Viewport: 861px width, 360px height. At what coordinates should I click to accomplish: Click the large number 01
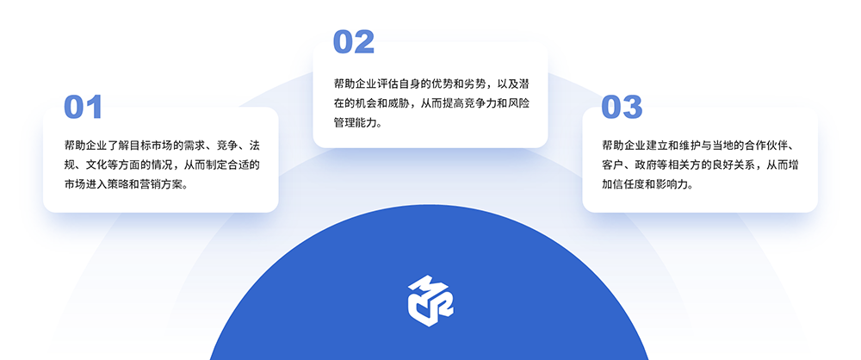[x=84, y=107]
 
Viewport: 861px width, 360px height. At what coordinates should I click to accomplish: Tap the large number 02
[x=354, y=42]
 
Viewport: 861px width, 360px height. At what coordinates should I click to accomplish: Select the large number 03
[x=622, y=107]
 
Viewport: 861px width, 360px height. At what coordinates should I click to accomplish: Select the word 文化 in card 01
[x=95, y=164]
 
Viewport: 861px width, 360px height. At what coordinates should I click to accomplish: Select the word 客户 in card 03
[x=612, y=164]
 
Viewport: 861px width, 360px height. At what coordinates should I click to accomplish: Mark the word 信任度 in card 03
[x=627, y=184]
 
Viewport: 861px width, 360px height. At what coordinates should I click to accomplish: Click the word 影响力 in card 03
[x=668, y=184]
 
